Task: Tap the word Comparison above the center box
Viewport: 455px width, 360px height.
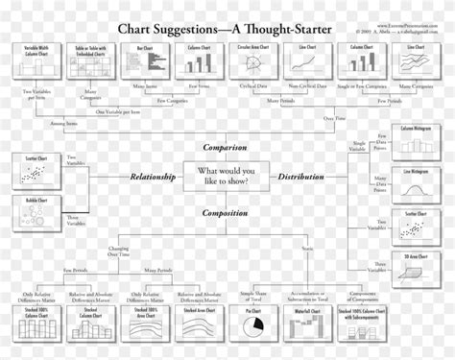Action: (x=225, y=147)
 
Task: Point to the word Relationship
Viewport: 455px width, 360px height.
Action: (x=155, y=177)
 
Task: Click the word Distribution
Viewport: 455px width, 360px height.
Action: (x=300, y=177)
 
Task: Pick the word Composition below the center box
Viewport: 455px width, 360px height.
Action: (x=225, y=212)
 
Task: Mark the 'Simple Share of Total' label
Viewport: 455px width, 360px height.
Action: (x=253, y=295)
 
